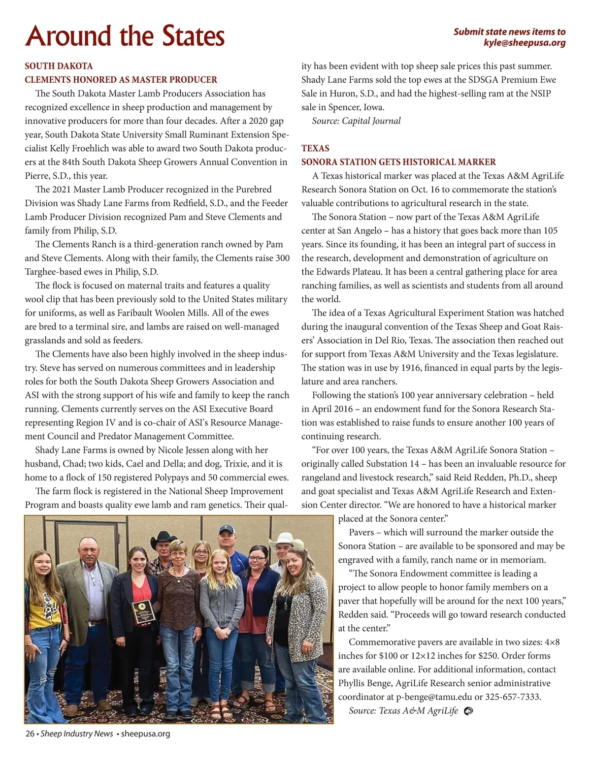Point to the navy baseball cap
coord(227,529)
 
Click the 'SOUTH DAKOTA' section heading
coord(59,66)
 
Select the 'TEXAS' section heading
coord(315,148)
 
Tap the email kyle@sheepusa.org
coord(525,43)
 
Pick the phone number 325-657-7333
coord(512,697)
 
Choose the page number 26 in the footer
coord(30,734)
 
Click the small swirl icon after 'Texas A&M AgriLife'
coord(469,711)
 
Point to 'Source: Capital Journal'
coord(356,121)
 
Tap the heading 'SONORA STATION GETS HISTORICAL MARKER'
coord(398,162)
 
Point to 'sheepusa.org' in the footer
coord(145,734)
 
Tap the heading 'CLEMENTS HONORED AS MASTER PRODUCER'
coord(121,80)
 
